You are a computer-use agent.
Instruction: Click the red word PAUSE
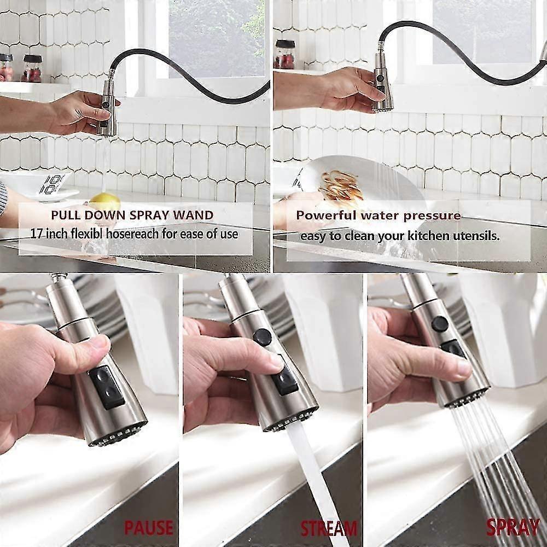pos(149,528)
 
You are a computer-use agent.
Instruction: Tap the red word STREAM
pos(329,528)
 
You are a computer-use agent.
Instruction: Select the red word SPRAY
pos(513,527)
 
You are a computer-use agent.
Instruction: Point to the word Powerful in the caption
pos(326,215)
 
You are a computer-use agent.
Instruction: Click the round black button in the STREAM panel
pos(262,336)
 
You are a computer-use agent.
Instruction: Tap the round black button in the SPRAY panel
pos(440,324)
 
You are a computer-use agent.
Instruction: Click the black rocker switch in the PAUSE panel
pos(107,387)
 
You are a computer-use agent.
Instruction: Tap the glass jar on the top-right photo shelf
pos(284,54)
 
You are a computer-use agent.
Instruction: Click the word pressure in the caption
pos(432,216)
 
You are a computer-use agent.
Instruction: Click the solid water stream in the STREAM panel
pos(314,481)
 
